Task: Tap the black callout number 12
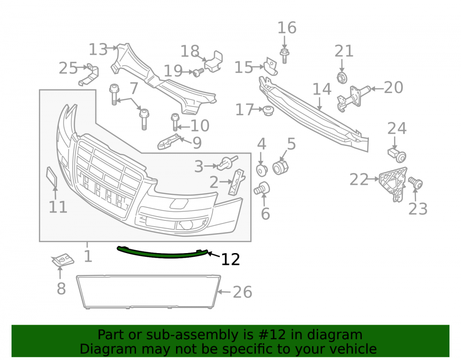tap(230, 260)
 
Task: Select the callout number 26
tap(242, 292)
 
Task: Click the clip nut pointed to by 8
tap(62, 260)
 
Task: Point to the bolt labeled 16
tap(284, 56)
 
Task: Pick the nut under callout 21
tap(342, 77)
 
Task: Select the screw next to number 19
tap(198, 72)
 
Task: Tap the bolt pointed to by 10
tap(175, 122)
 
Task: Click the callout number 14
tap(322, 89)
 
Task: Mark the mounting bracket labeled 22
tap(393, 184)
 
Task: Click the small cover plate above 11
tap(52, 177)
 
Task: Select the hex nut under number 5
tap(280, 167)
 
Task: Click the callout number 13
tap(98, 49)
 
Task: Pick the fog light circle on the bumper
tap(186, 225)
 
